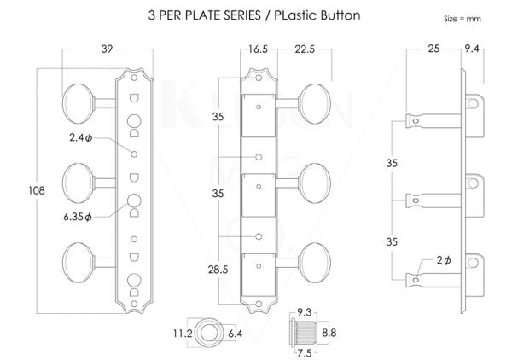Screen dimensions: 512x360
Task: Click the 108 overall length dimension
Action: coord(37,190)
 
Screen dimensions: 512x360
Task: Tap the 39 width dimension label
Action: coord(107,49)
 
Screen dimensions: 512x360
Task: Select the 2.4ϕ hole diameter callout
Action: coord(81,137)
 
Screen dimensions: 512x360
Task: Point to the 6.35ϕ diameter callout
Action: coord(78,217)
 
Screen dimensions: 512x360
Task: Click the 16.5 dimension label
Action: coord(258,49)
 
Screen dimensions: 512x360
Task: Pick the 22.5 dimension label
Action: coord(305,49)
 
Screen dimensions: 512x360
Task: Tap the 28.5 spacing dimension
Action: coord(218,270)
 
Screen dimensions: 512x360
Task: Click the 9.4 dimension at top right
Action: coord(472,49)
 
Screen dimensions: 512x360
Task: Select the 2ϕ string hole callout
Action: coord(444,260)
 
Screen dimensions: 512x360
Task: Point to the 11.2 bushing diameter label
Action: coord(183,334)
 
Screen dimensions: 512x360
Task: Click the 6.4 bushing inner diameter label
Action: coord(236,334)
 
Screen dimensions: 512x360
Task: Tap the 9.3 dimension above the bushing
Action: coord(304,312)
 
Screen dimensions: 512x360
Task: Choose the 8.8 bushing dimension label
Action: coord(329,333)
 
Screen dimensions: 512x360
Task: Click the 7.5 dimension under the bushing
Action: coord(304,353)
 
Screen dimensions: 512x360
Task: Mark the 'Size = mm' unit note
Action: coord(462,19)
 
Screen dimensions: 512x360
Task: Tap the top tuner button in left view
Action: coord(78,104)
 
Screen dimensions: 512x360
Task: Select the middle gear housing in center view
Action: coord(259,195)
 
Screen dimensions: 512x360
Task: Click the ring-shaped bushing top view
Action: coord(207,334)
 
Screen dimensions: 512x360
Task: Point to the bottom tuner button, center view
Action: coord(315,263)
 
